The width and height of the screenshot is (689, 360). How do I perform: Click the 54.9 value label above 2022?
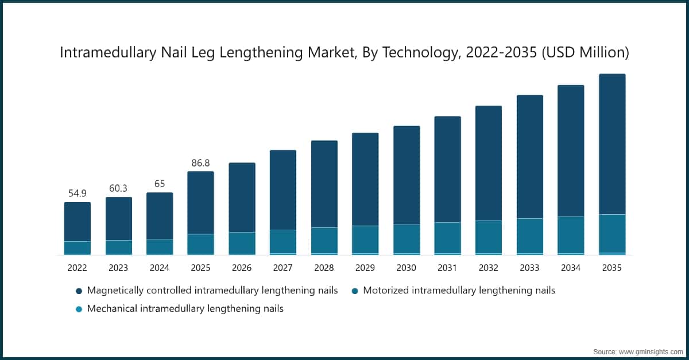77,193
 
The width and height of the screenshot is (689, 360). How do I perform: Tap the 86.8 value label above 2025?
200,163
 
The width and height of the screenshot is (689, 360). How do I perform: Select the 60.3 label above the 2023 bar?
118,189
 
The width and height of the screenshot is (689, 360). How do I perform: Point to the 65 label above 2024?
159,184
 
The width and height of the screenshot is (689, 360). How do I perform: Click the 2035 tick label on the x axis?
612,268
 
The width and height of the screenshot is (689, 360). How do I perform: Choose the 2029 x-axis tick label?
365,268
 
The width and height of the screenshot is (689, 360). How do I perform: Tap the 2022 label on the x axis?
77,268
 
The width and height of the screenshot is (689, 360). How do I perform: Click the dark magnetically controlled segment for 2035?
612,144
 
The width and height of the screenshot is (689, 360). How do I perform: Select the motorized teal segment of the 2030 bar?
407,239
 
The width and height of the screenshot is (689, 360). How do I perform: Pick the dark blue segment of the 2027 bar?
283,190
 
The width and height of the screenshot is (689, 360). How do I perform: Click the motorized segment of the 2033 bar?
530,235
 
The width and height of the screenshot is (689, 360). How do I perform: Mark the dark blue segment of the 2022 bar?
77,222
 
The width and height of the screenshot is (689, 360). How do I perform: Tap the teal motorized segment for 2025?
200,243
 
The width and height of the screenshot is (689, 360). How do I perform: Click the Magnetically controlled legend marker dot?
79,291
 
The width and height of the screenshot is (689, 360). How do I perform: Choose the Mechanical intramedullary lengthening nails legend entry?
185,308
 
